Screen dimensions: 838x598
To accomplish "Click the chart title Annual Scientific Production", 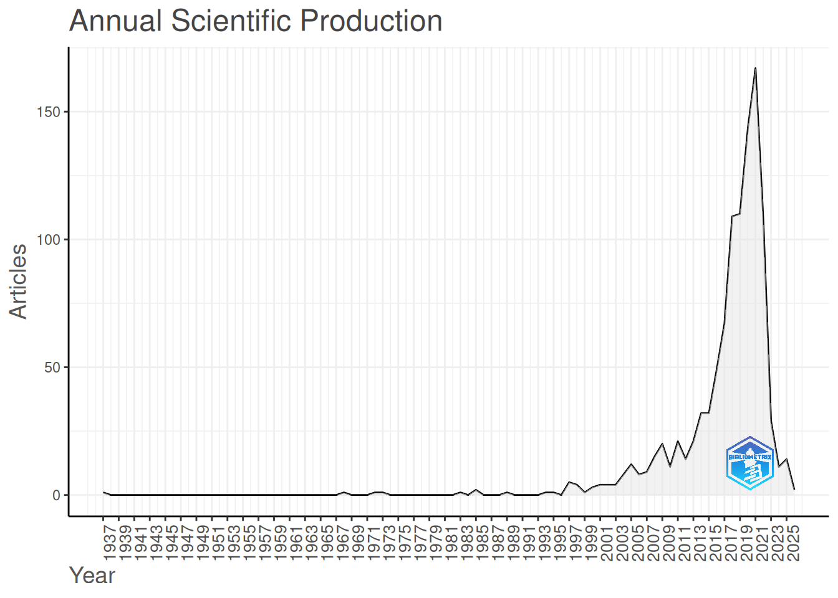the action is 256,21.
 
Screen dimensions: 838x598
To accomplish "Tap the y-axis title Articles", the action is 17,282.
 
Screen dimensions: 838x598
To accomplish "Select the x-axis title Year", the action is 92,576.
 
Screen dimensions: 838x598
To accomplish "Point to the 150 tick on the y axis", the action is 48,112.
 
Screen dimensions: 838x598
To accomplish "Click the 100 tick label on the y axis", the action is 48,240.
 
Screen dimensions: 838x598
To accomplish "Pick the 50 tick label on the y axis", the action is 52,368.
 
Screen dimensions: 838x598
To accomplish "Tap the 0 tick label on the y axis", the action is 57,496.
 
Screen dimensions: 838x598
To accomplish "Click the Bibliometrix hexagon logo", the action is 750,463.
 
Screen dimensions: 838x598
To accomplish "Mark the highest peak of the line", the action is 755,68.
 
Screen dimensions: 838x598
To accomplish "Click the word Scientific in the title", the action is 231,21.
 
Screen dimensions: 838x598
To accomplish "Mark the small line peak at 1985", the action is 476,490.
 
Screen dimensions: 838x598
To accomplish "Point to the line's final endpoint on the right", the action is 794,490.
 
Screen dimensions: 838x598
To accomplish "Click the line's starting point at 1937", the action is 104,492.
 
